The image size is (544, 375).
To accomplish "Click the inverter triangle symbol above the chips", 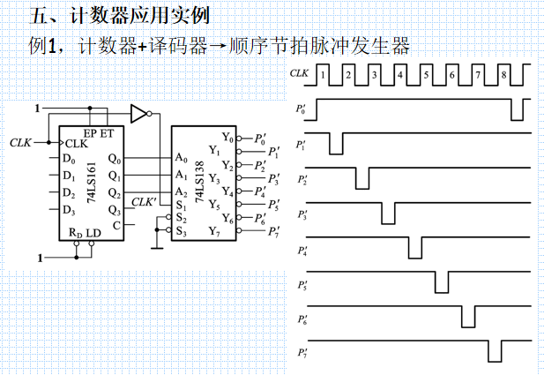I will click(138, 113).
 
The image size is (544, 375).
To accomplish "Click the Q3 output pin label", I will click(114, 210).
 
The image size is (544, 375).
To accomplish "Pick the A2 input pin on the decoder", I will click(181, 191).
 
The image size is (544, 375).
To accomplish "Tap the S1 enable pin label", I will click(181, 206).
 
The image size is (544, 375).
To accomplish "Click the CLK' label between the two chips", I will click(144, 202).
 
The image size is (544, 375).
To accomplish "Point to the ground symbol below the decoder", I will click(155, 246).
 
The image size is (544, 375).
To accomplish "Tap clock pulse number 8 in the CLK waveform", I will click(503, 76).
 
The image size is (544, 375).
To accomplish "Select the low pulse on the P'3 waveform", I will click(388, 214).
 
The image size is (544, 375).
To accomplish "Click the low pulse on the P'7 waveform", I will click(496, 352).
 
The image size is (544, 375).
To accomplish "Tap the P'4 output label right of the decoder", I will click(260, 191).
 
